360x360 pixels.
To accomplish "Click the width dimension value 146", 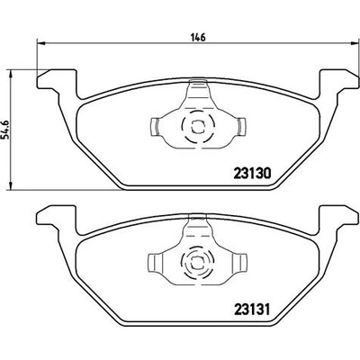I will pyautogui.click(x=198, y=38).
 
